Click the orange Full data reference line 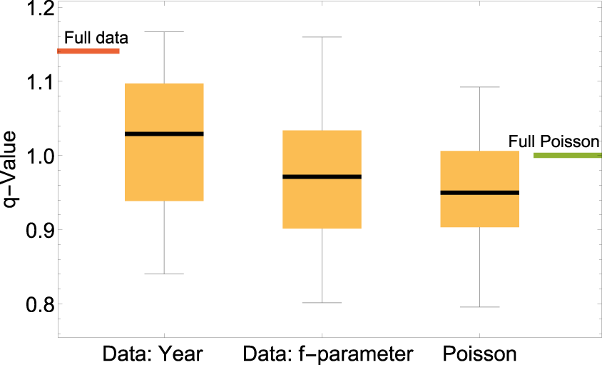pos(88,51)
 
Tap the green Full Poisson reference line pos(567,155)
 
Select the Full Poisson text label pos(553,141)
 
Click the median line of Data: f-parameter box pos(322,176)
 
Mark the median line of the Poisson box pos(479,192)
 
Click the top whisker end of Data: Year pos(165,32)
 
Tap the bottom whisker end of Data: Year pos(165,274)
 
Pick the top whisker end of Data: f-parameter pos(322,36)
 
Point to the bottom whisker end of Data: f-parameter pos(322,302)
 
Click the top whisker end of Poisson pos(479,87)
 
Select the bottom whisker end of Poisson pos(479,306)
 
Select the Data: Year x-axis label pos(153,354)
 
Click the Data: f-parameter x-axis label pos(328,354)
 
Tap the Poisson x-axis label pos(479,354)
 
